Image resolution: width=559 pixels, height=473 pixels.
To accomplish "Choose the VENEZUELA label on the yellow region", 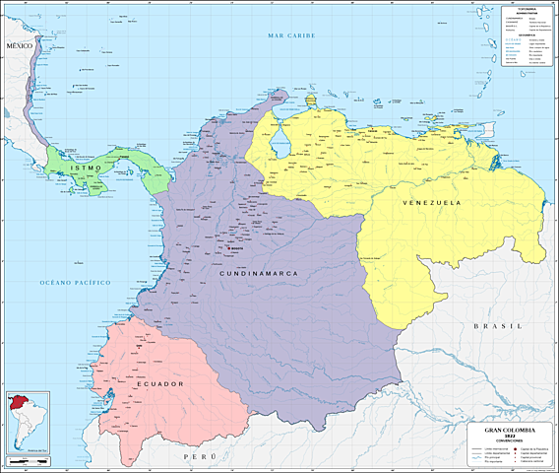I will tap(430, 202).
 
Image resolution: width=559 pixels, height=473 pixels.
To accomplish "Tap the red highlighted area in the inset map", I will tap(17, 403).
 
